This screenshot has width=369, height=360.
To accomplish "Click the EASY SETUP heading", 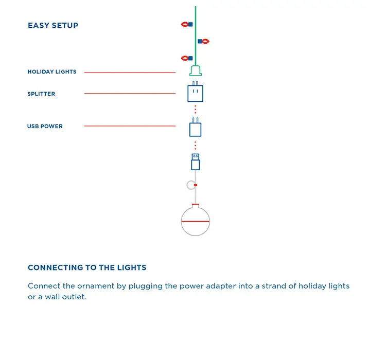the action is tap(53, 25).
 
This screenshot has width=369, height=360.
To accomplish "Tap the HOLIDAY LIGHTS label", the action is tap(52, 71).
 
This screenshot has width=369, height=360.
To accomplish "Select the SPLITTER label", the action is tap(41, 94).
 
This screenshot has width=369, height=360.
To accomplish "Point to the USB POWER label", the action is tap(45, 127).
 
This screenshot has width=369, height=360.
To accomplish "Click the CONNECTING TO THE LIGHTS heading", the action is tap(87, 267).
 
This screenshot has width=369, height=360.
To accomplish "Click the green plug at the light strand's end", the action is tap(196, 71).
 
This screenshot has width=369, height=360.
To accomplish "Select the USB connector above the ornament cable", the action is tap(196, 162).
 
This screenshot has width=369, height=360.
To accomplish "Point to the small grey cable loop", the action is tap(188, 185).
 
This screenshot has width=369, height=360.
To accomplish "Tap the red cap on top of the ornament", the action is tap(196, 204).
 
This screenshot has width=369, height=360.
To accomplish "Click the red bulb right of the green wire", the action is tap(206, 41).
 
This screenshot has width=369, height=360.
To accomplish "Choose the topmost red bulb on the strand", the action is tap(185, 24).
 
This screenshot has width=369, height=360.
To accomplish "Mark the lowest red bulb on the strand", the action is tap(185, 58).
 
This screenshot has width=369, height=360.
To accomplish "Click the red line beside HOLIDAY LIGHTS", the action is tap(130, 73).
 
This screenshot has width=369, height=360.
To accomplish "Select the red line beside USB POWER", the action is tap(130, 126).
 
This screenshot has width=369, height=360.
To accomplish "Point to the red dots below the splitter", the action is tap(196, 110).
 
